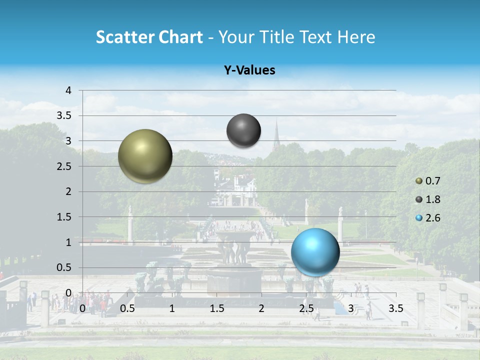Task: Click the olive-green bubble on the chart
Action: coord(145,156)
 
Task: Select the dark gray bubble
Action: coord(243,130)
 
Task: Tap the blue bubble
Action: coord(315,251)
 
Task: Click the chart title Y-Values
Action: coord(249,70)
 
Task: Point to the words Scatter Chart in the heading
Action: coord(149,37)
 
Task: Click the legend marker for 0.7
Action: coord(419,181)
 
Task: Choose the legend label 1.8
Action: coord(433,199)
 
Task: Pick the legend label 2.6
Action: coord(433,218)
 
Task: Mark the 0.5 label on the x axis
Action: coord(127,308)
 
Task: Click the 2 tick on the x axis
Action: coord(261,308)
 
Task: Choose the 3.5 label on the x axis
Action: coord(395,308)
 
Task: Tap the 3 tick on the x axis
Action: coord(351,308)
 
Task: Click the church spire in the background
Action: coord(276,134)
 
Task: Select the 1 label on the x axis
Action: coord(172,308)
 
